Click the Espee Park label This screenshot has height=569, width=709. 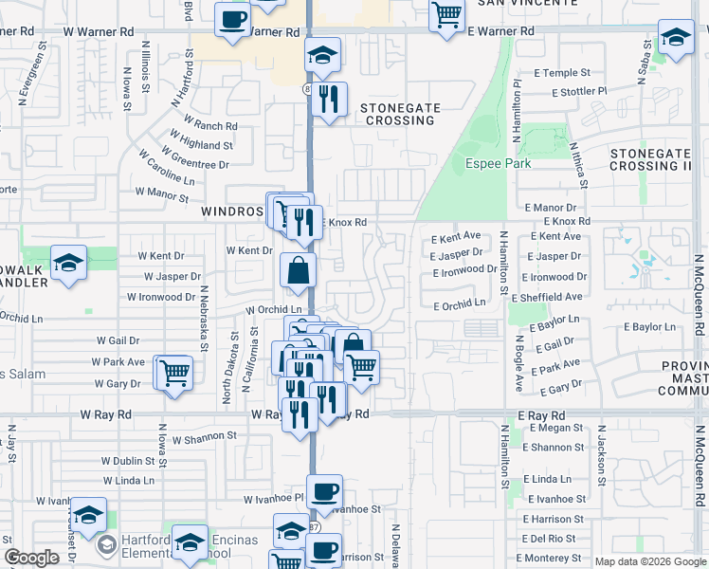tap(498, 163)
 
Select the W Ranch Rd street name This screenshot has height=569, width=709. tap(210, 125)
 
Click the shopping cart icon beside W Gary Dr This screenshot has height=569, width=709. tap(173, 373)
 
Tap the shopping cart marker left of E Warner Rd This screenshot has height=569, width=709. tap(445, 15)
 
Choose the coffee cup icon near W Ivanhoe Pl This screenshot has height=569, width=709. tap(324, 491)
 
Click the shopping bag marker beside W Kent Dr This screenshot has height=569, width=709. tap(299, 271)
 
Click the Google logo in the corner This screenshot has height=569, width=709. tap(31, 558)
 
